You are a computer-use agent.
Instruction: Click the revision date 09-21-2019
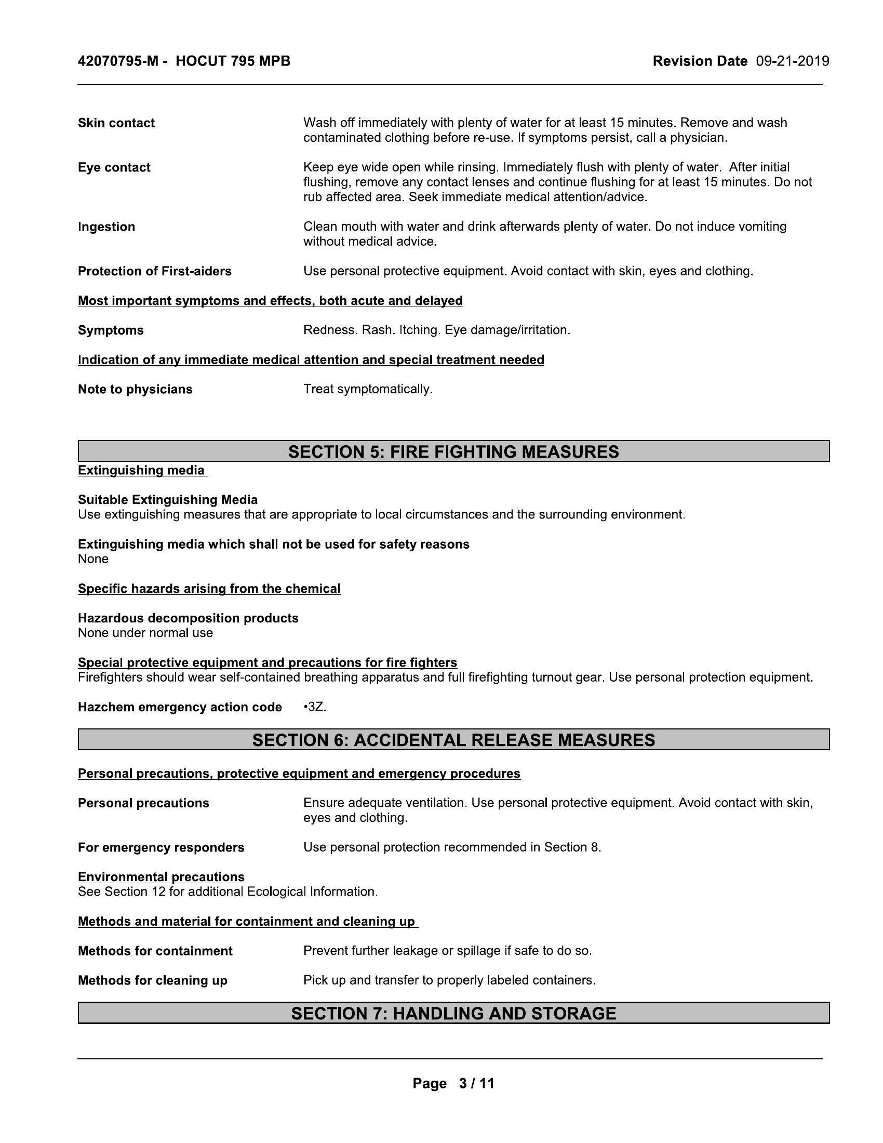tap(792, 61)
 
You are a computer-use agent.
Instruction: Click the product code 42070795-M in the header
tap(118, 61)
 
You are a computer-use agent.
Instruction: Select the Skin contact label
tap(116, 123)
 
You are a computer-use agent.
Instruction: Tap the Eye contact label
tap(114, 167)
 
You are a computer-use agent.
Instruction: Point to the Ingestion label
tap(106, 227)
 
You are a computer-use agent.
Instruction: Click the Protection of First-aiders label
tap(154, 271)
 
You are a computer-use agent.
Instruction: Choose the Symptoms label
tap(110, 330)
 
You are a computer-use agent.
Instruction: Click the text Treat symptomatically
tap(368, 389)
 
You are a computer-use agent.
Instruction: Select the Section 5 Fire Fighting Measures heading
tap(453, 451)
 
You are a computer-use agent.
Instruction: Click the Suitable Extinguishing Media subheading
tap(167, 500)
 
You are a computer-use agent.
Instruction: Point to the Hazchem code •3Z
tap(314, 707)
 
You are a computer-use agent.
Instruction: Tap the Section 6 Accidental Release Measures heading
tap(453, 740)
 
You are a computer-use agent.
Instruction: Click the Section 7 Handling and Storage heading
tap(453, 1014)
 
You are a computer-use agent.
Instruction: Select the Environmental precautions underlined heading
tap(161, 877)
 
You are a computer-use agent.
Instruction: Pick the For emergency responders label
tap(160, 847)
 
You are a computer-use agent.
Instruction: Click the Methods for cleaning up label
tap(152, 980)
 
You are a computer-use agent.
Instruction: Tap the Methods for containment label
tap(155, 951)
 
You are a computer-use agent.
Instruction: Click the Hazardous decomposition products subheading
tap(188, 618)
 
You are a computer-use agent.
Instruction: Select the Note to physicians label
tap(135, 389)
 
